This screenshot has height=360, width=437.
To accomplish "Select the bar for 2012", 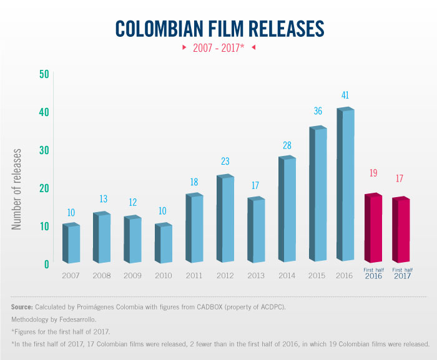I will pos(225,218).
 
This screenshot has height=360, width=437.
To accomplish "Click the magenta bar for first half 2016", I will pos(373,228).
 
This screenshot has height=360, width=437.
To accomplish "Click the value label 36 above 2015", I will pos(318,111).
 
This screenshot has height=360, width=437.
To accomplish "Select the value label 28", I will pos(287,145).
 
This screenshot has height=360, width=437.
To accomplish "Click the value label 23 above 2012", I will pos(225,161).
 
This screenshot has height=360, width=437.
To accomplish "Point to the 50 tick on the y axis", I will pos(44,74).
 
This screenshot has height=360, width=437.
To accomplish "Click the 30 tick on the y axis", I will pos(44,150).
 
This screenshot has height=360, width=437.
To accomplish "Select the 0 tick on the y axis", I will pos(46,264).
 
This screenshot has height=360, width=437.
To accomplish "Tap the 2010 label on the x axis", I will pos(163,275).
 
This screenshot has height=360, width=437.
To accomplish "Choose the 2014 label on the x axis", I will pos(287,275).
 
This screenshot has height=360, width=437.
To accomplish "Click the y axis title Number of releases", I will pos(17,189).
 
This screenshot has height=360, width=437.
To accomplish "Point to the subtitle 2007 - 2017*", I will pos(219,47).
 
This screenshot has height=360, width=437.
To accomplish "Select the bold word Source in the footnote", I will pos(22,308).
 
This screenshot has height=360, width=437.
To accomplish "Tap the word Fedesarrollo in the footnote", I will pos(77,319).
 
